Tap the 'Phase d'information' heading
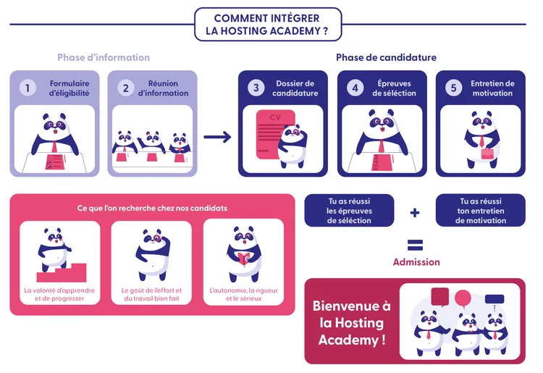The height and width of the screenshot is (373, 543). click(104, 57)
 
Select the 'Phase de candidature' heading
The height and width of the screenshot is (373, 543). click(386, 57)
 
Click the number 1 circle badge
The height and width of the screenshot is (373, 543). click(28, 88)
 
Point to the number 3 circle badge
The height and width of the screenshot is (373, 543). click(256, 88)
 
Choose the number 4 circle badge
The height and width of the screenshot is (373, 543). click(355, 88)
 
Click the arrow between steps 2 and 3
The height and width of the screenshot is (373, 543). click(217, 137)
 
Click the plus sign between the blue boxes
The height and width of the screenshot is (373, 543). click(415, 212)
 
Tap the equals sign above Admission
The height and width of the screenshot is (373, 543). click(415, 244)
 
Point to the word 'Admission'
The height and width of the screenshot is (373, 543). click(416, 262)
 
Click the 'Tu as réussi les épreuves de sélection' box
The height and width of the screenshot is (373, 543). click(349, 211)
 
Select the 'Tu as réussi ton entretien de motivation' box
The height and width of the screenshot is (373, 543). click(481, 211)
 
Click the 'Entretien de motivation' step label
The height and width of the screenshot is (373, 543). click(492, 88)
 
